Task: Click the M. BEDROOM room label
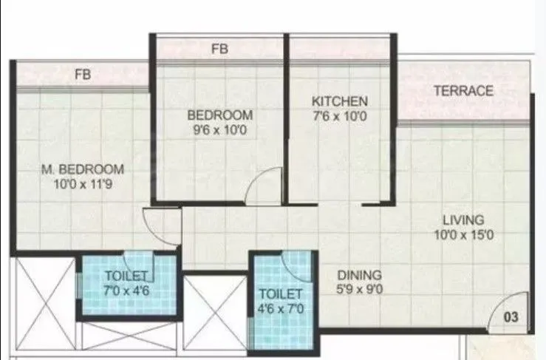click(82, 169)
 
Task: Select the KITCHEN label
click(339, 101)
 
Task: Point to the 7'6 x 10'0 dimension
click(339, 115)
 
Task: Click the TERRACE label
click(463, 91)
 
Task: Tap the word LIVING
click(463, 220)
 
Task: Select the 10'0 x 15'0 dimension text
click(463, 235)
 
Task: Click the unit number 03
click(511, 318)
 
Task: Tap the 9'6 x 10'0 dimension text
click(219, 129)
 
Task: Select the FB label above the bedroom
click(219, 50)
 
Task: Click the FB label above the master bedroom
click(82, 75)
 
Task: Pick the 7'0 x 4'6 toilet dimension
click(128, 290)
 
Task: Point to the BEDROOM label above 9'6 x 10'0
click(219, 115)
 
